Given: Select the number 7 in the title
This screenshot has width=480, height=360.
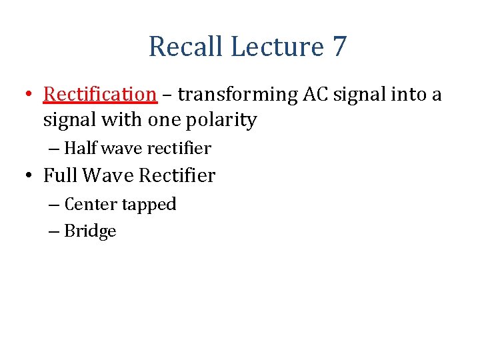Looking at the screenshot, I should (x=339, y=47).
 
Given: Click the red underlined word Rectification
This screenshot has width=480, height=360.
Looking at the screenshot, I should (x=100, y=95).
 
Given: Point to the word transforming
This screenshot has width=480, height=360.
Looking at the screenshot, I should (x=238, y=95).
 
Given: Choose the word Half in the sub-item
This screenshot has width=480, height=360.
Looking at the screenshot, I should (x=79, y=148).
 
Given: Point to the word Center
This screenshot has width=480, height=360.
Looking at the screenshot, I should (x=91, y=204).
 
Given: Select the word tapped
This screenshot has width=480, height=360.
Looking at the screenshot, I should (x=149, y=205).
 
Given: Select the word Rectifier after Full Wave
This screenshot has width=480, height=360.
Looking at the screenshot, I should (x=177, y=176).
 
